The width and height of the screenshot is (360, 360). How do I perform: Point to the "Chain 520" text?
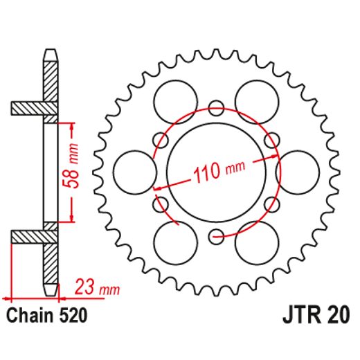click(46, 316)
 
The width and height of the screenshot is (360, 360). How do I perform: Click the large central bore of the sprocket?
click(216, 173)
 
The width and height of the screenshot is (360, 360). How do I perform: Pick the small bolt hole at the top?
click(216, 108)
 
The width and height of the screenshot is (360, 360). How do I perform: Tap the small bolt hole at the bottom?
click(216, 236)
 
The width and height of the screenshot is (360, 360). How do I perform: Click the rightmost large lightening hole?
click(298, 172)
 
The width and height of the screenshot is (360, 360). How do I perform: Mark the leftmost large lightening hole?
click(133, 172)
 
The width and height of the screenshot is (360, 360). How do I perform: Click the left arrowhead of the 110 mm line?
click(158, 187)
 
